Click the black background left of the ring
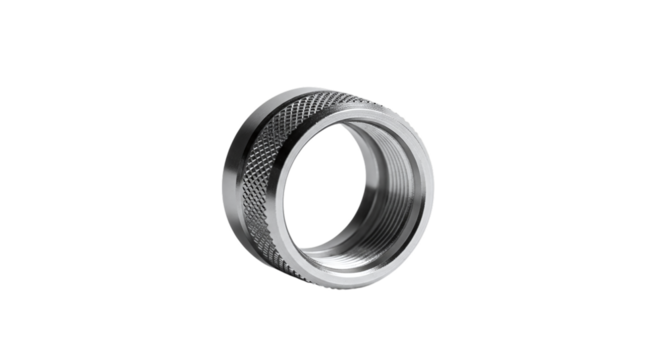point(100,180)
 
